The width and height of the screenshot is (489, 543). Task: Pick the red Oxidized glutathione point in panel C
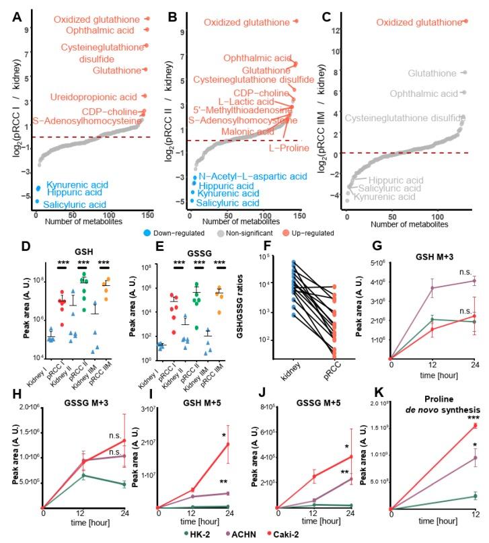(x=465, y=21)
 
